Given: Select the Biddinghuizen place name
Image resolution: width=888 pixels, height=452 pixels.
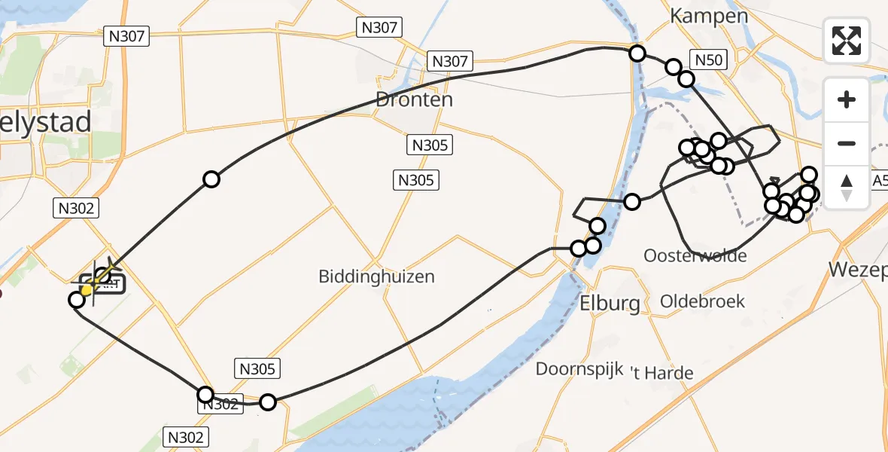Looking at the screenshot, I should (376, 276).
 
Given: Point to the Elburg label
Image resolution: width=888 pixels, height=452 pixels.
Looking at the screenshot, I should (610, 304).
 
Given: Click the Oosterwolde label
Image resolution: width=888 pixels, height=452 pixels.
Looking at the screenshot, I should (695, 256).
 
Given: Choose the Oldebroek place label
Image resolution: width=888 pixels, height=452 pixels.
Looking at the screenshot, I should (702, 301).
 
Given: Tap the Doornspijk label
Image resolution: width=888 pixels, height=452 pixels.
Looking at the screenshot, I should (579, 369).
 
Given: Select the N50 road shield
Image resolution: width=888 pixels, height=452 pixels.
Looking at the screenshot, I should (710, 60).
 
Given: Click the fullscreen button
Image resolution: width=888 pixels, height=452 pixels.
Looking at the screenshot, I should (846, 41).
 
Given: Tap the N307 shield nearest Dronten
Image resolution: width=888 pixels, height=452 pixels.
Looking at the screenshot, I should (449, 61).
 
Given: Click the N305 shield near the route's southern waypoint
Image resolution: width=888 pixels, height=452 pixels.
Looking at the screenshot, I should (258, 368).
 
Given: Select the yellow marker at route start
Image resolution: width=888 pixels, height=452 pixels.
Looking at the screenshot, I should (87, 289).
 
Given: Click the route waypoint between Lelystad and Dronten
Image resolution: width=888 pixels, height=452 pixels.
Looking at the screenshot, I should (211, 179).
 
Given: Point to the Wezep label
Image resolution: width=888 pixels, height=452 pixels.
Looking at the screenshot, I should (858, 269).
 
